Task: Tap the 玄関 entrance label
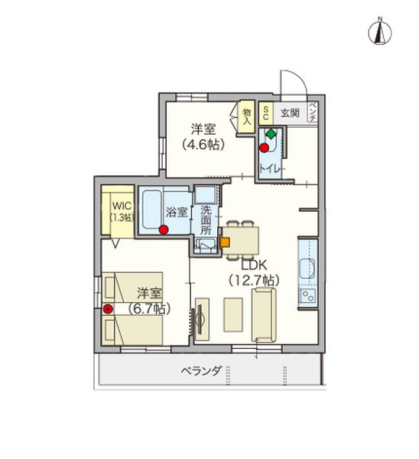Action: click(290, 112)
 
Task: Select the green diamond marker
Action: click(271, 133)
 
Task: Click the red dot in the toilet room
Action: click(264, 148)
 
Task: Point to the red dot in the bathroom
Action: click(164, 229)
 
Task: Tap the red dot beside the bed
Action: click(108, 309)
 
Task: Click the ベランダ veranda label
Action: click(202, 371)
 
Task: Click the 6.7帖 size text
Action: click(149, 309)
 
